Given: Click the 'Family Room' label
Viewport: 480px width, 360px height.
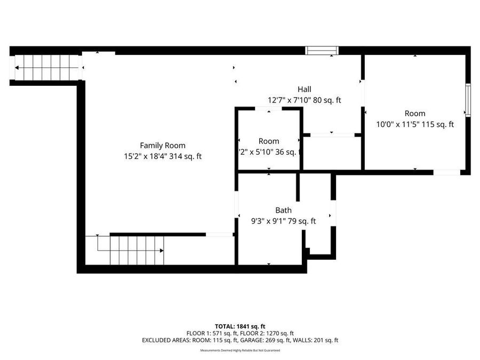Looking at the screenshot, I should tap(163, 145).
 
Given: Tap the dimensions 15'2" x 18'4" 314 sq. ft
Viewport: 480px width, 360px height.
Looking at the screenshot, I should tap(163, 156).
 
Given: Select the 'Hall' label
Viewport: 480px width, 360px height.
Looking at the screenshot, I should tap(304, 89).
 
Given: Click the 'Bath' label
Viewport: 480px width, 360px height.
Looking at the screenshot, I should tap(283, 210).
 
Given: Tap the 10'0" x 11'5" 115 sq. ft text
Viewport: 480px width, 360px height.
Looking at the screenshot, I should tap(415, 124).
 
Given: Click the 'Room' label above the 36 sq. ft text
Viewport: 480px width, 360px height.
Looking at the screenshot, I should tap(268, 141).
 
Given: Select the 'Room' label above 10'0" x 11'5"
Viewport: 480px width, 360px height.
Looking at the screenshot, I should tap(415, 113).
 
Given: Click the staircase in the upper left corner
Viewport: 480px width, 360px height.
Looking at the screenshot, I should tap(47, 68).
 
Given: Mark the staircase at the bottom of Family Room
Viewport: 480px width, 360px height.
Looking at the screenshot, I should tap(131, 250).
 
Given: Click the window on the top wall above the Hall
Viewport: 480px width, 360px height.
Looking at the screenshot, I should tap(322, 51).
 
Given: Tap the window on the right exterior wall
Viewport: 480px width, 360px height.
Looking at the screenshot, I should tap(468, 100).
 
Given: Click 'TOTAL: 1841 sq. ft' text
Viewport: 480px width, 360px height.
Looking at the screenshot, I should tap(239, 325).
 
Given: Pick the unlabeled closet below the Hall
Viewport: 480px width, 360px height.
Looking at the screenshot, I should tap(332, 154).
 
